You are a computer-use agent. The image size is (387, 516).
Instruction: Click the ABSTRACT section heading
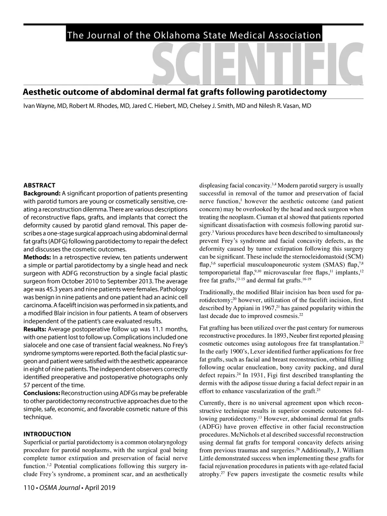39,185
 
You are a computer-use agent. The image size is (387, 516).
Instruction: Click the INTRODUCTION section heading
47,434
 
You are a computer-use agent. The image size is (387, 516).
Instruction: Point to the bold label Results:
35,329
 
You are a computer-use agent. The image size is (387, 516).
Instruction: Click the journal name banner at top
193,35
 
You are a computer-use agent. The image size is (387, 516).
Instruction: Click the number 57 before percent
27,385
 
